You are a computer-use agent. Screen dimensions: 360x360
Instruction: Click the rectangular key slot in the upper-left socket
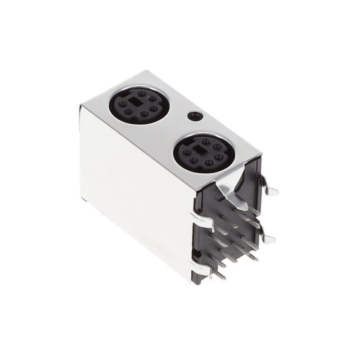[x=135, y=102]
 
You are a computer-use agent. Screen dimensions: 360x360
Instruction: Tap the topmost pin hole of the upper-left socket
[x=142, y=94]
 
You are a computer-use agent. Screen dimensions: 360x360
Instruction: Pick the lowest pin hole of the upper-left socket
[x=144, y=114]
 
